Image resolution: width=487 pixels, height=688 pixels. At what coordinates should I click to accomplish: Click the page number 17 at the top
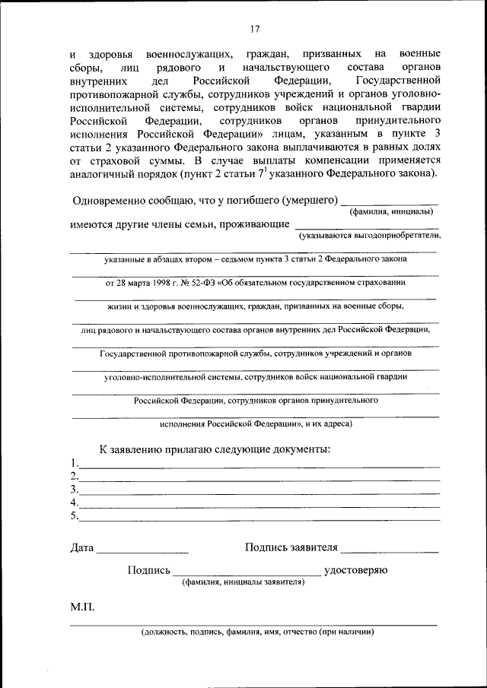pos(255,29)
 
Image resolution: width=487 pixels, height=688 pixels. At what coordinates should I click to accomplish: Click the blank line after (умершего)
pos(389,204)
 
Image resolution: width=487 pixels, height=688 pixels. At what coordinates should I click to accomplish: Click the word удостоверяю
pos(356,570)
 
